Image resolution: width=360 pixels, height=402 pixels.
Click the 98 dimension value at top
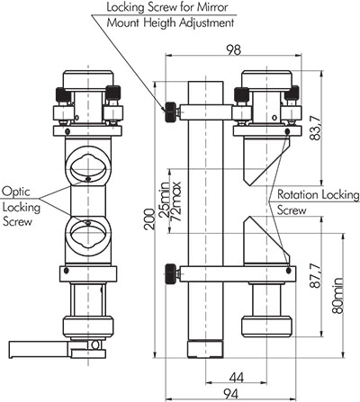[233, 49]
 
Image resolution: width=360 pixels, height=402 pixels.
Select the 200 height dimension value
[149, 219]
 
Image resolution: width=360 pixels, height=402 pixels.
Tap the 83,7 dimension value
[316, 128]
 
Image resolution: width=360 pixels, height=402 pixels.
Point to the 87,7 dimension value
[316, 276]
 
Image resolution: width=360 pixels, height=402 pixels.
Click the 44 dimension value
[236, 378]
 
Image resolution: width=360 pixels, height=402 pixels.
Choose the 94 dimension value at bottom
[231, 394]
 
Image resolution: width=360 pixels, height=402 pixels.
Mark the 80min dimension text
[337, 296]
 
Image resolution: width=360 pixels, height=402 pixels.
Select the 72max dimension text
[175, 201]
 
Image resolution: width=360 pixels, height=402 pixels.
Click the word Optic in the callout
[16, 192]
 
